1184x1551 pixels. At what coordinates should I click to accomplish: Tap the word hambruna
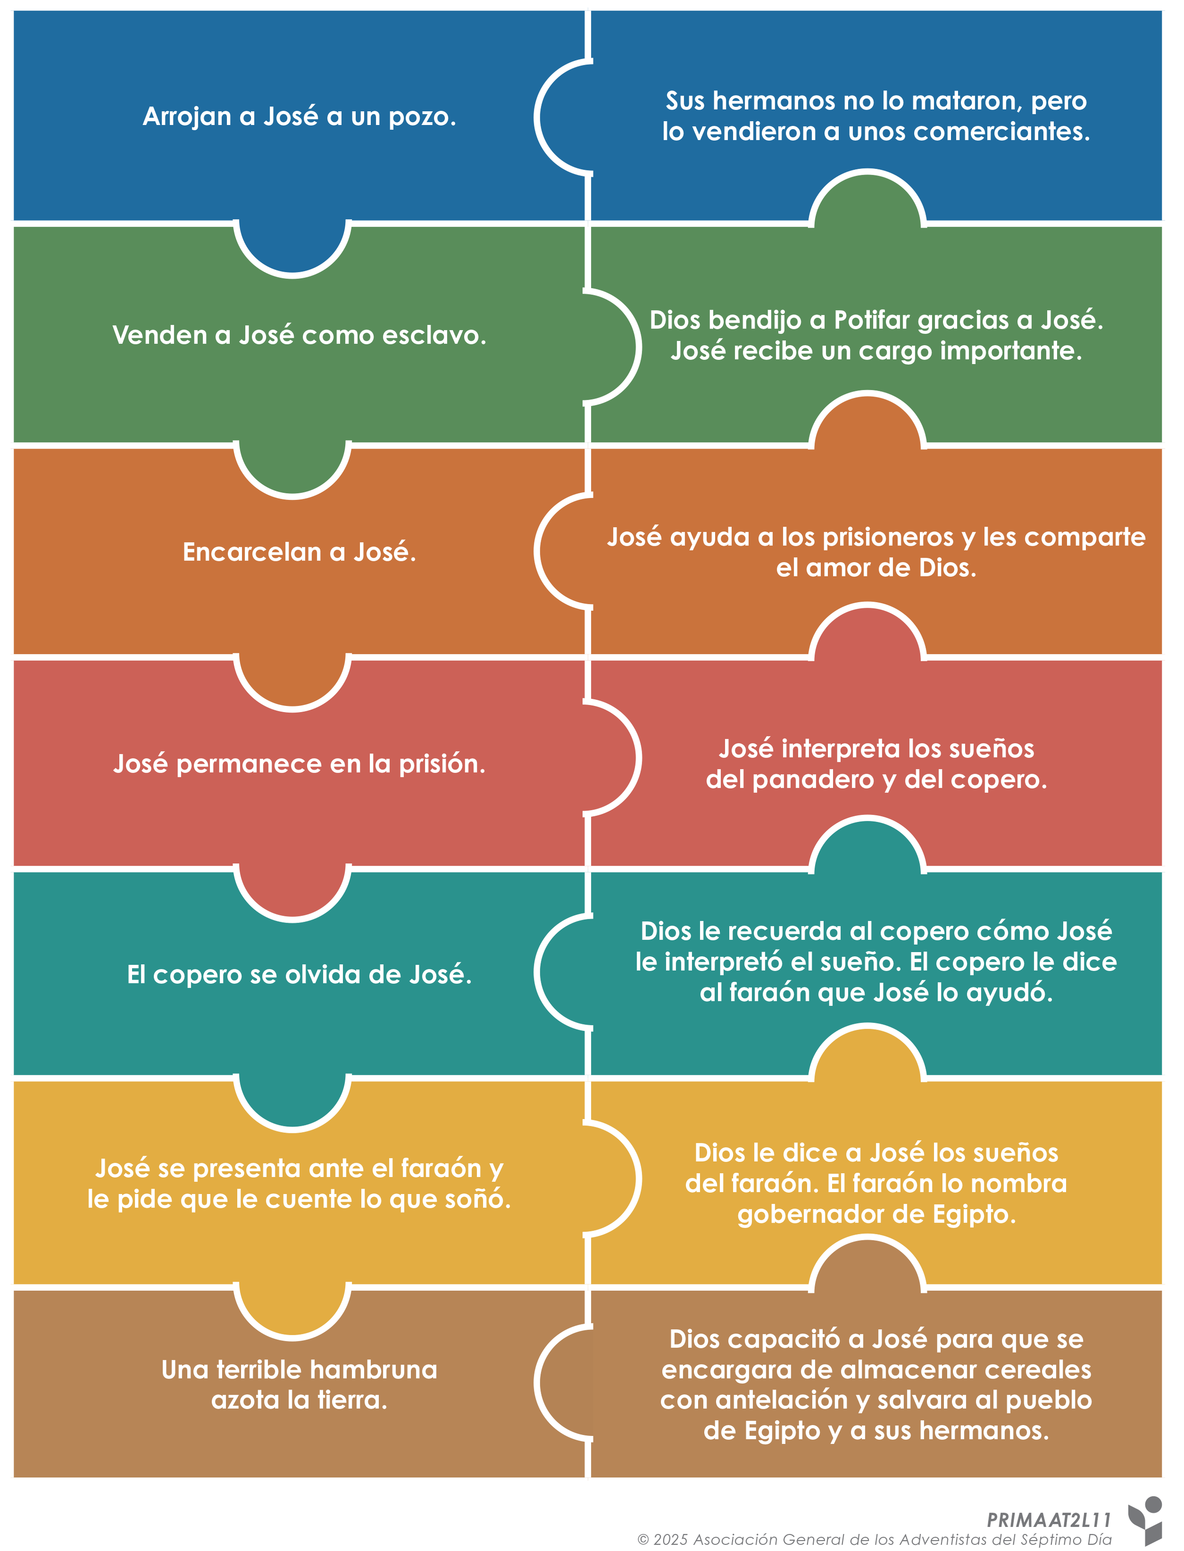coord(374,1371)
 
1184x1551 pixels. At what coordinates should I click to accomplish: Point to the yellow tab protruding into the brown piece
coord(293,1309)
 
